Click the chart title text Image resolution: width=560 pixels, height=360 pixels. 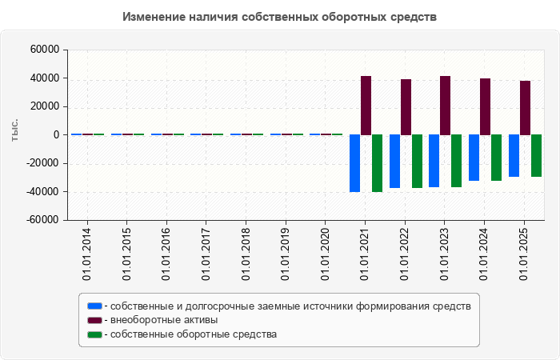point(280,17)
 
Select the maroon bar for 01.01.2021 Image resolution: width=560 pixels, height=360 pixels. point(366,106)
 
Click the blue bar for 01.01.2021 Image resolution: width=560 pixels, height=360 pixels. point(354,163)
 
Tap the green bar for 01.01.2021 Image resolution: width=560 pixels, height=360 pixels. point(377,163)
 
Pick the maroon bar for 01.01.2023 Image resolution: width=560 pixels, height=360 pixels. point(445,106)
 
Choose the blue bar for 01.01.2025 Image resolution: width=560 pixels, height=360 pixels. point(514,155)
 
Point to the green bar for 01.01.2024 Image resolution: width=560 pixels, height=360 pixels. point(496,158)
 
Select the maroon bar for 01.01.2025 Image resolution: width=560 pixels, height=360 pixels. point(525,108)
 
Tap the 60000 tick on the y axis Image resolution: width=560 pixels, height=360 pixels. point(45,50)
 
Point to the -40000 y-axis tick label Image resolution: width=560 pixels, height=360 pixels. point(43,192)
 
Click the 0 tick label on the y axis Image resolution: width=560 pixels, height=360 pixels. point(57,135)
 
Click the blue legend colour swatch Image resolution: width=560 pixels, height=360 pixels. point(95,306)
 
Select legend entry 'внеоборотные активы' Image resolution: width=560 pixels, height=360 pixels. point(164,320)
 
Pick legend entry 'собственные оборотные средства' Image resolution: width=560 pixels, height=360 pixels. point(193,334)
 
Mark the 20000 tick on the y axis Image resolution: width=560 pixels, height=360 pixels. point(45,106)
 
